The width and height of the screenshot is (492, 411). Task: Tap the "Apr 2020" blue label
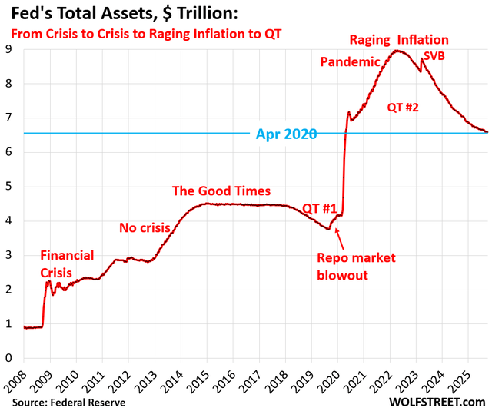point(285,134)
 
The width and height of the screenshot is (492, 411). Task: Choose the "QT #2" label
point(403,108)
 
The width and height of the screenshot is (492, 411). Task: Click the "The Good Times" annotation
point(221,191)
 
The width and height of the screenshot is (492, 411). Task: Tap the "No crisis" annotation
point(145,227)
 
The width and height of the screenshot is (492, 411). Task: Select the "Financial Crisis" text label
point(67,264)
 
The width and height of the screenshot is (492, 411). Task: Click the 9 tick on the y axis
point(12,49)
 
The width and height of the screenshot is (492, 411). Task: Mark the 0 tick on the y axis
point(12,358)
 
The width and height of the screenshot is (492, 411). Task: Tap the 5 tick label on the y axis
point(12,187)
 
